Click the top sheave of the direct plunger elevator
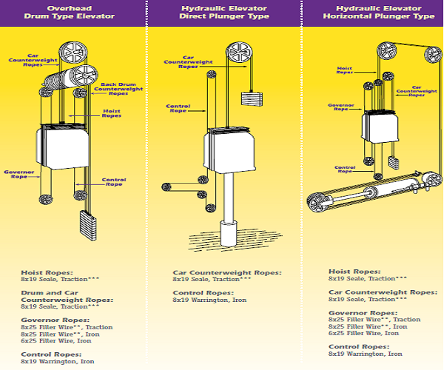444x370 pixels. click(238, 53)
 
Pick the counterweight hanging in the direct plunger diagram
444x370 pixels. click(252, 98)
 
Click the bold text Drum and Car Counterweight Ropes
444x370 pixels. click(67, 299)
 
